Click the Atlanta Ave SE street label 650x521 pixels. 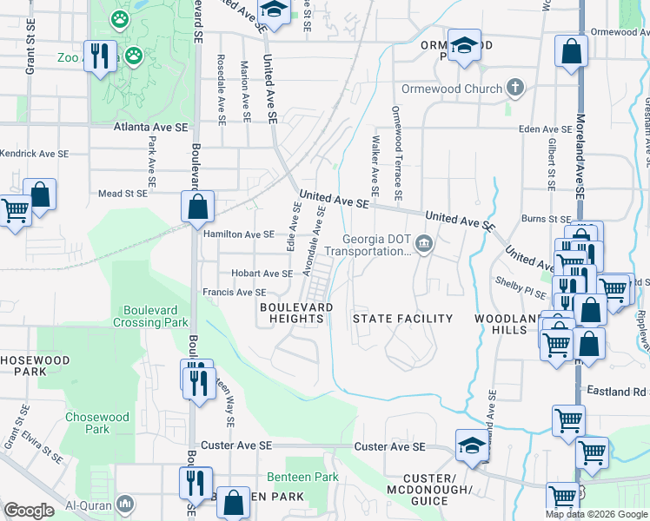(151, 127)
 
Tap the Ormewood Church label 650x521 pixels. (452, 89)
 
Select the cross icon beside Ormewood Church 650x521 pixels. (515, 88)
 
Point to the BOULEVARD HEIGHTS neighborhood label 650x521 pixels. (294, 313)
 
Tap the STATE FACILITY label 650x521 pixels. (402, 319)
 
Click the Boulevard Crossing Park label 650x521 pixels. (156, 316)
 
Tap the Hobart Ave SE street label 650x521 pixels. (261, 274)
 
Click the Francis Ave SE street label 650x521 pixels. (235, 293)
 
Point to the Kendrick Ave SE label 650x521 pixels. (34, 154)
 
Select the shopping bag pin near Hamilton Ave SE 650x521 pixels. (198, 208)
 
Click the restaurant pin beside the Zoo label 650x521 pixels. (101, 57)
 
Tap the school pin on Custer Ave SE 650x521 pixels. (472, 445)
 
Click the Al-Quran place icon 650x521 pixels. (126, 504)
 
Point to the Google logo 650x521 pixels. (29, 511)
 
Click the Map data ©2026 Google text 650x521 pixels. (595, 514)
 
